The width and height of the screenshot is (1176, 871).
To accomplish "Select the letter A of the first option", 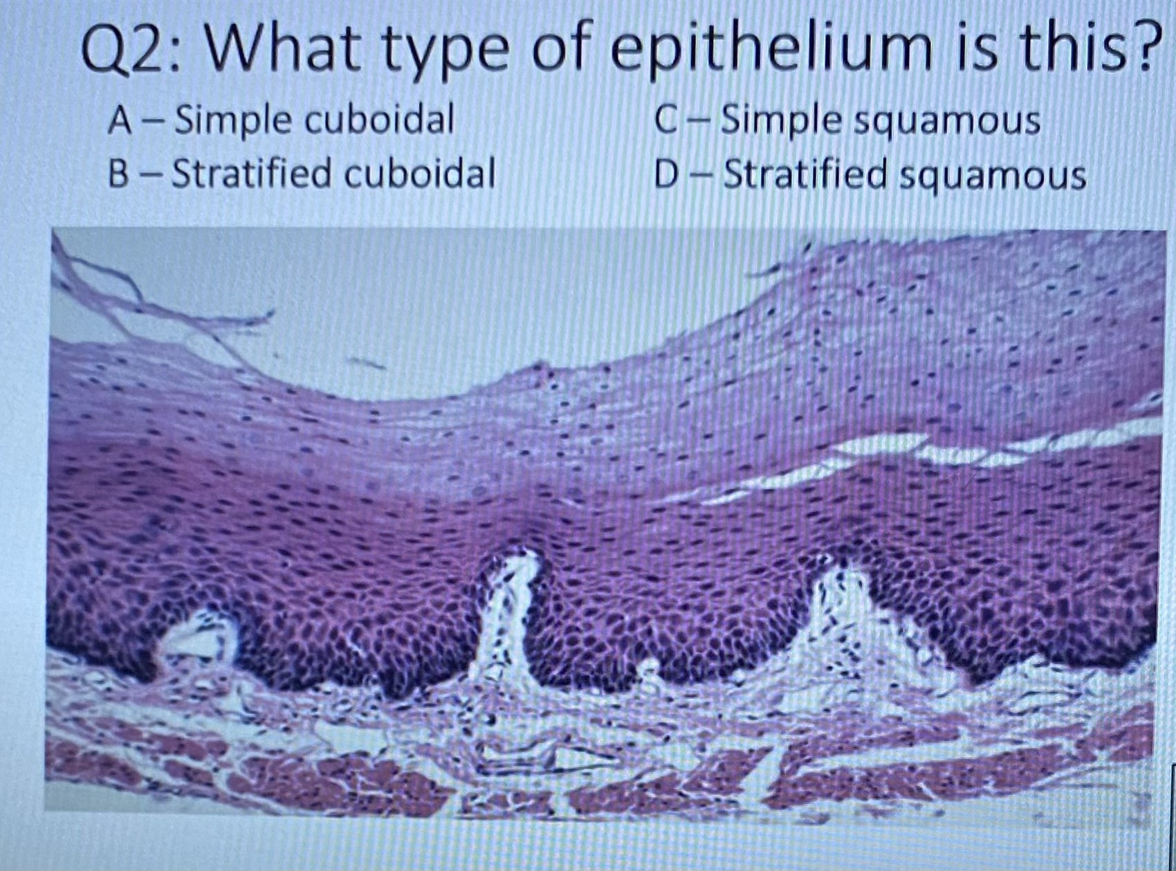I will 120,120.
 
